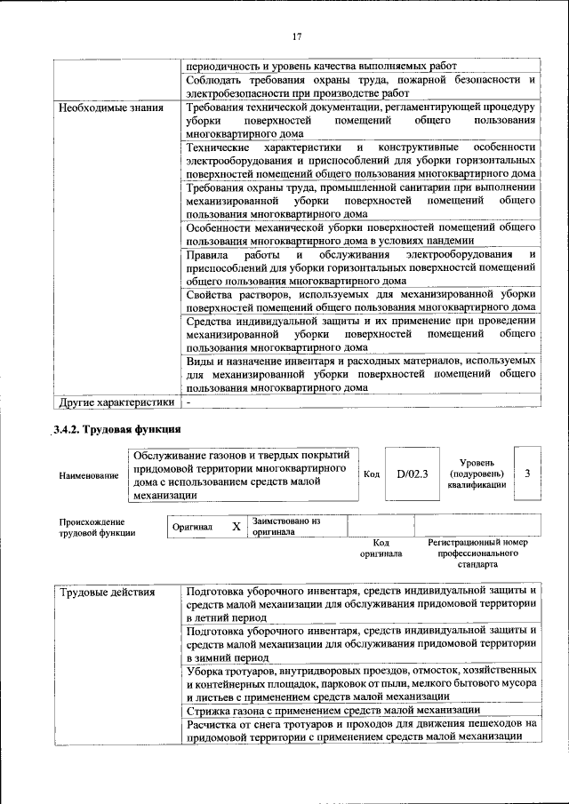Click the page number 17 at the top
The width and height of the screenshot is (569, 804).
[x=297, y=36]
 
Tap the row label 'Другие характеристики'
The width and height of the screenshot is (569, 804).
[x=116, y=402]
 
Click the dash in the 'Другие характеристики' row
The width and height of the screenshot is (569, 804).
[x=188, y=402]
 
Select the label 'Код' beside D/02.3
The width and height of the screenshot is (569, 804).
[x=372, y=474]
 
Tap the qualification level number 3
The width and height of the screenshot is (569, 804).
[x=527, y=474]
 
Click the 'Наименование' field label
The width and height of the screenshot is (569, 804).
[x=89, y=475]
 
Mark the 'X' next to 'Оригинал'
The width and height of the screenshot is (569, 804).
[x=236, y=527]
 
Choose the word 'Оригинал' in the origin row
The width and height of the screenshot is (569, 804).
[x=192, y=527]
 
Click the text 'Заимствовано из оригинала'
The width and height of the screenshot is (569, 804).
[x=285, y=527]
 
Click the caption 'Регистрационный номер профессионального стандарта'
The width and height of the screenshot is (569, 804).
[x=477, y=553]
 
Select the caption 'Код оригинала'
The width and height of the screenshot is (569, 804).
[x=381, y=548]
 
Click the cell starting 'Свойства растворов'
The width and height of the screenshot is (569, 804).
[x=361, y=301]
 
